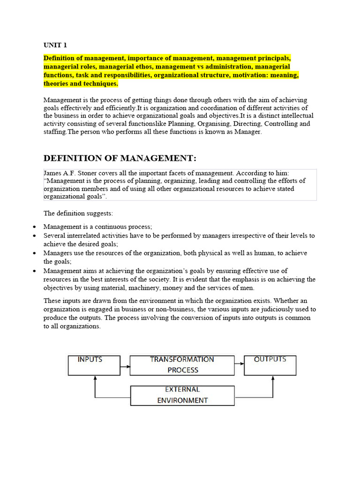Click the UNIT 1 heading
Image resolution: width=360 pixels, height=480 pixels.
(55, 45)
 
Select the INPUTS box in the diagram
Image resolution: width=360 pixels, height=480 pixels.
(90, 365)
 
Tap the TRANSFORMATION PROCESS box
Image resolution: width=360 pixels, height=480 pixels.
(182, 365)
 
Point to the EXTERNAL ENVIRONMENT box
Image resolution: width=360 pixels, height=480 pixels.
(182, 395)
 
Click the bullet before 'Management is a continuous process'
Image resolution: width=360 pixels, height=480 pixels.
(35, 227)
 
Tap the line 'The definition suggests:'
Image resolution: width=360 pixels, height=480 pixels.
(78, 213)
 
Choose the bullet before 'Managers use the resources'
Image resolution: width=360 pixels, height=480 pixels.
(35, 253)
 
